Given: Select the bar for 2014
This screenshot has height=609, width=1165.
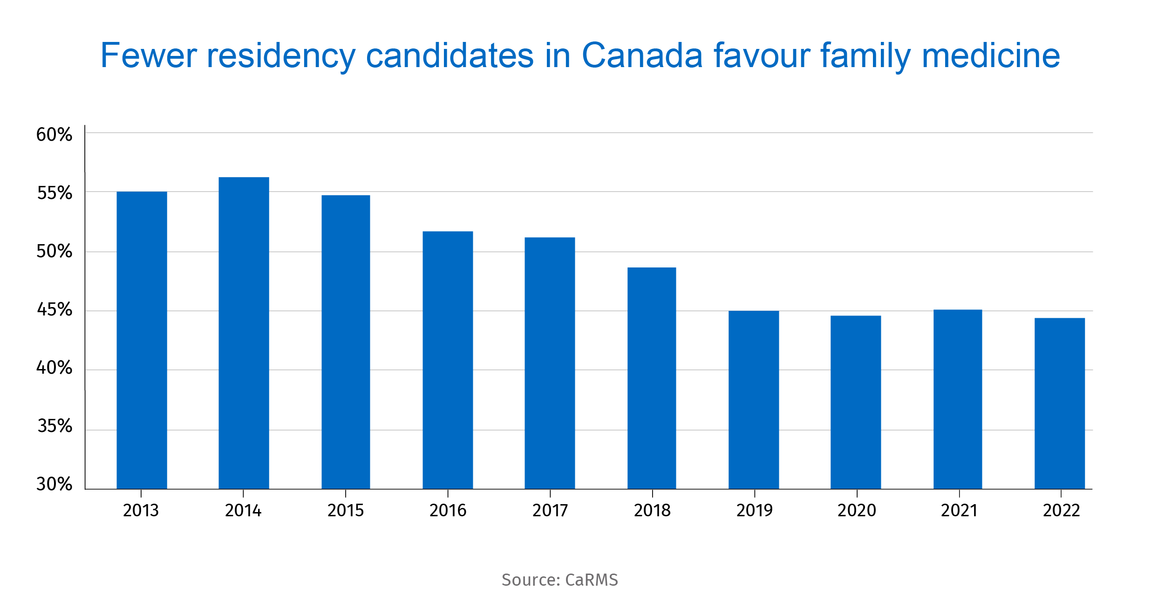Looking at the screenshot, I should tap(244, 333).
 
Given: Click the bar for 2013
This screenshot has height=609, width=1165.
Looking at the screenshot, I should tap(142, 340).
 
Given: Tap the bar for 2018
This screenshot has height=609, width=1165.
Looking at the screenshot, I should tap(651, 378).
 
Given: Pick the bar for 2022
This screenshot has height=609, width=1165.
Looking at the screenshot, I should tap(1059, 404).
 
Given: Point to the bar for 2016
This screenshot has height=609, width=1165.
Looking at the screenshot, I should tap(448, 360).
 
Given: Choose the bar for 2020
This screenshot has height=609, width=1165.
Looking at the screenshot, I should tap(855, 403).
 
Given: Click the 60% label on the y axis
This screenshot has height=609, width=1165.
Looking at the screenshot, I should tap(54, 135).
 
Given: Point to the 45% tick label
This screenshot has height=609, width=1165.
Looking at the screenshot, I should tap(54, 309).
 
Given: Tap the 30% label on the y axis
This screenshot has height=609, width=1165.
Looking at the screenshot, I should tap(54, 484).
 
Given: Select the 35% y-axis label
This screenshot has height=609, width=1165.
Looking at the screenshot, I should tap(54, 426).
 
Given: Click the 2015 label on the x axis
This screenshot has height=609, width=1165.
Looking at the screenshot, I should tap(345, 511).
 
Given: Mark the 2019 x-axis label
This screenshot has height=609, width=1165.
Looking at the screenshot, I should tap(754, 511).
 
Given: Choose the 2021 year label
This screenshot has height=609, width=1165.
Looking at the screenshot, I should tap(959, 511).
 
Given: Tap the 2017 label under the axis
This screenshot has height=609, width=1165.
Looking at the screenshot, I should tap(550, 511).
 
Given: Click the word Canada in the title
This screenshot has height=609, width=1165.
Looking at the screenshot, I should tap(642, 55).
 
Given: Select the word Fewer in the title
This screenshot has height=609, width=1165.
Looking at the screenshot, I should tap(148, 55).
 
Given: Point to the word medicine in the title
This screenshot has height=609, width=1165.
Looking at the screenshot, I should tap(990, 55).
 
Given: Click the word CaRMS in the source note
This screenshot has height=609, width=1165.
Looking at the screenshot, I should tap(591, 580).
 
